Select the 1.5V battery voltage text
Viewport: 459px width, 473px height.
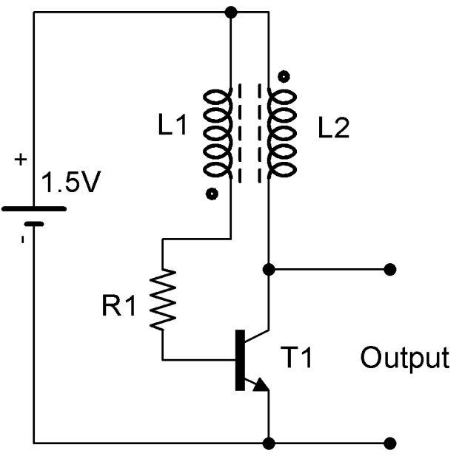66,184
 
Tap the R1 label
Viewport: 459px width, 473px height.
119,306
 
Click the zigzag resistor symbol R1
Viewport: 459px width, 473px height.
163,299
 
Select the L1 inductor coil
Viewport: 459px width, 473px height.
220,133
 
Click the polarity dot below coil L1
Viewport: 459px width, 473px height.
212,195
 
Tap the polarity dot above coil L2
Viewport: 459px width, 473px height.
282,76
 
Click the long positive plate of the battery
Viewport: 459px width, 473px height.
34,208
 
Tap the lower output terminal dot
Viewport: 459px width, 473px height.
389,443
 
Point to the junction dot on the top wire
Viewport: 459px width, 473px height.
231,13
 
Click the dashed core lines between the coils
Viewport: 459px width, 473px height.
249,133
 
